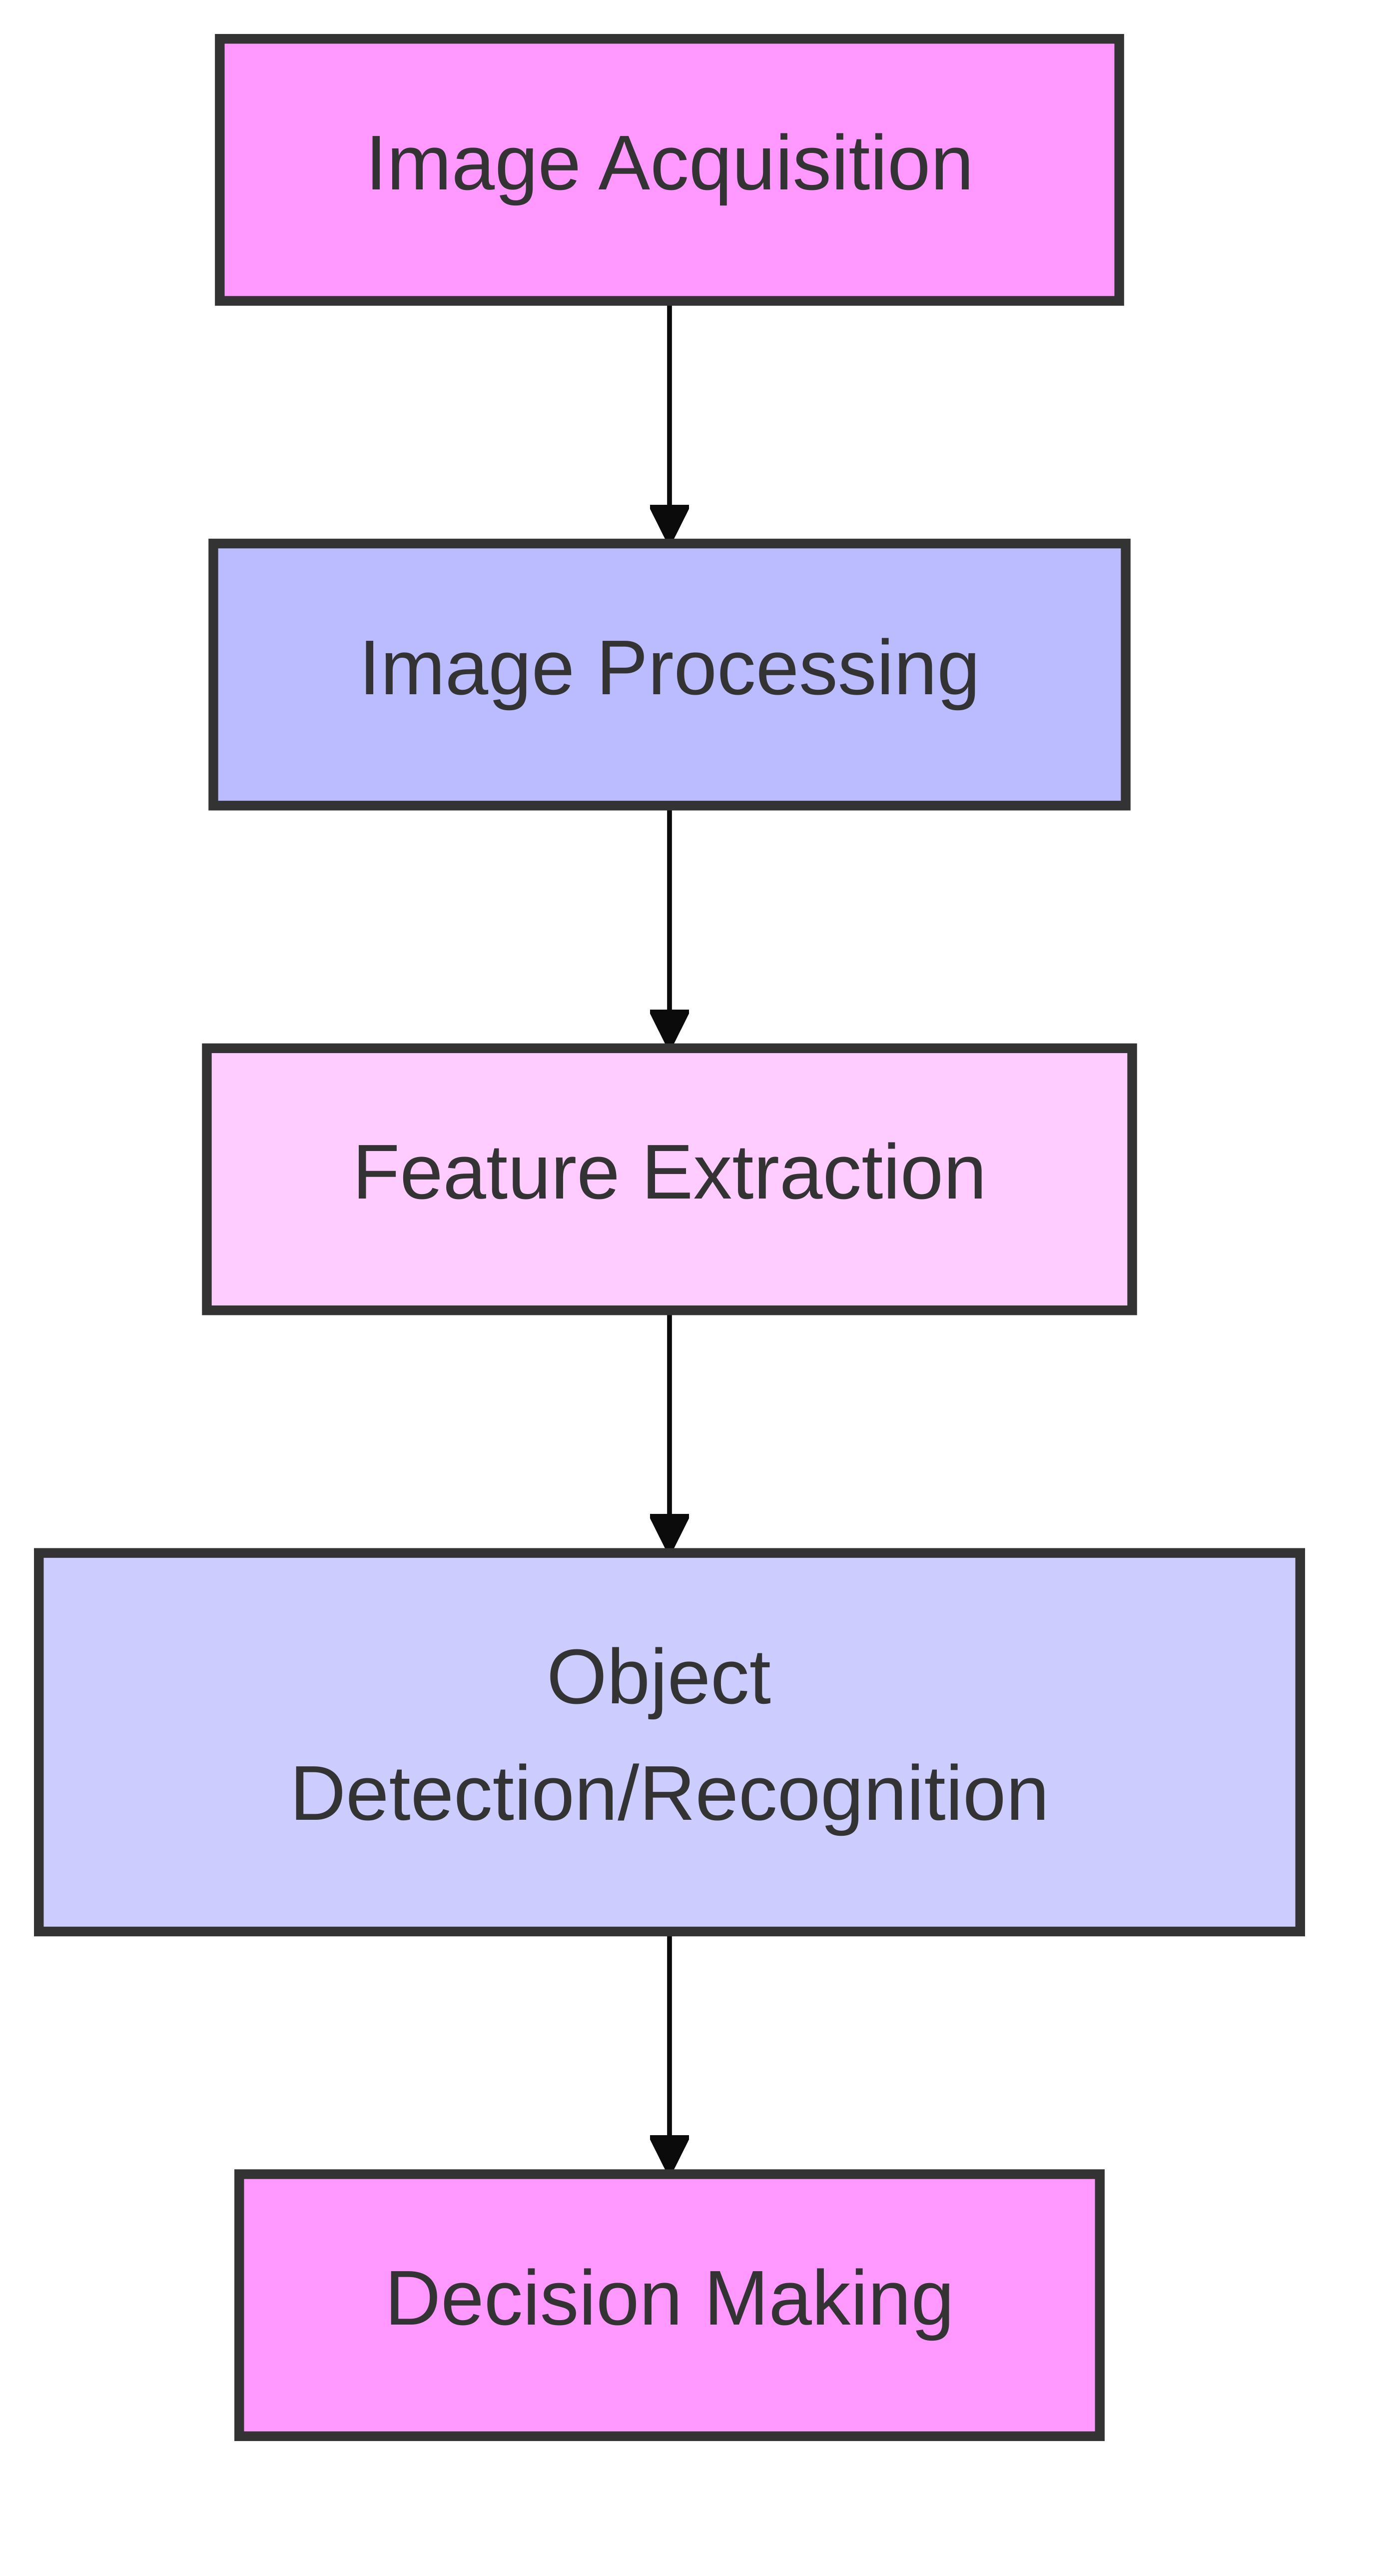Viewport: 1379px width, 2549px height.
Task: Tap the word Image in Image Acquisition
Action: coord(472,164)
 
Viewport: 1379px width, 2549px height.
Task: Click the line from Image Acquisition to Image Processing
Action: coord(670,406)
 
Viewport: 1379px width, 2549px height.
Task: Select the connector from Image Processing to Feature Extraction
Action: coord(670,910)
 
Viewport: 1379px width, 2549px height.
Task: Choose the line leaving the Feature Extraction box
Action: coord(670,1415)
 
